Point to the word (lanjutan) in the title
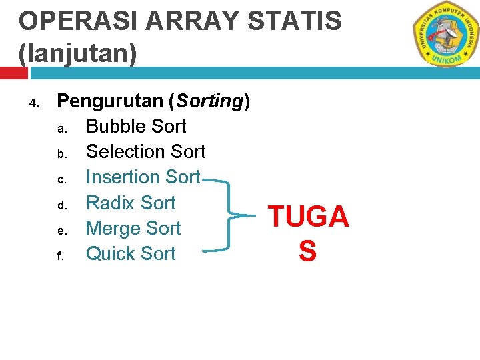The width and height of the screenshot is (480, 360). point(77,53)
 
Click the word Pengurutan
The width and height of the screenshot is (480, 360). point(110,101)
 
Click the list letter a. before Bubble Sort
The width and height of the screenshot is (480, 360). point(61,129)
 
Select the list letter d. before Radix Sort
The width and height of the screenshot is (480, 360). point(61,205)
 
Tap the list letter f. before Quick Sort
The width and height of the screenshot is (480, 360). point(60,255)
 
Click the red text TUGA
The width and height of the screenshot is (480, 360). point(308,217)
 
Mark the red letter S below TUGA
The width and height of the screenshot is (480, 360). point(307,251)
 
